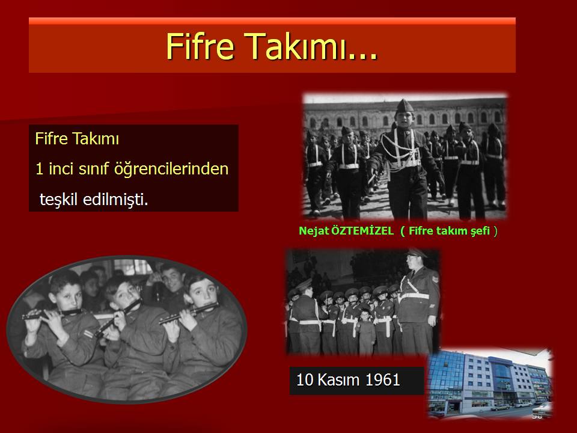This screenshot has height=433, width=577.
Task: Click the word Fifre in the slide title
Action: (x=200, y=46)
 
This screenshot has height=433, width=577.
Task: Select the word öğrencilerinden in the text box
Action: (x=171, y=169)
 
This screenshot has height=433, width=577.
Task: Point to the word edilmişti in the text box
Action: (x=115, y=199)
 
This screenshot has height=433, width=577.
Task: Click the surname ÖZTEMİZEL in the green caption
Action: (x=362, y=231)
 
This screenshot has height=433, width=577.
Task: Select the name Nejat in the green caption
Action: (x=314, y=231)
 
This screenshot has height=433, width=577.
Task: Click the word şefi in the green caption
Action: (x=480, y=231)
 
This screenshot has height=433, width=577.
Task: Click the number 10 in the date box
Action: (x=304, y=380)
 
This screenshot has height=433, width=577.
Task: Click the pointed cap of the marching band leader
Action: (x=404, y=106)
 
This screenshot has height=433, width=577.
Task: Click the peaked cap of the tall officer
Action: (x=416, y=253)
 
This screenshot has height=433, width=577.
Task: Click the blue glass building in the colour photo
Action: (x=447, y=379)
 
